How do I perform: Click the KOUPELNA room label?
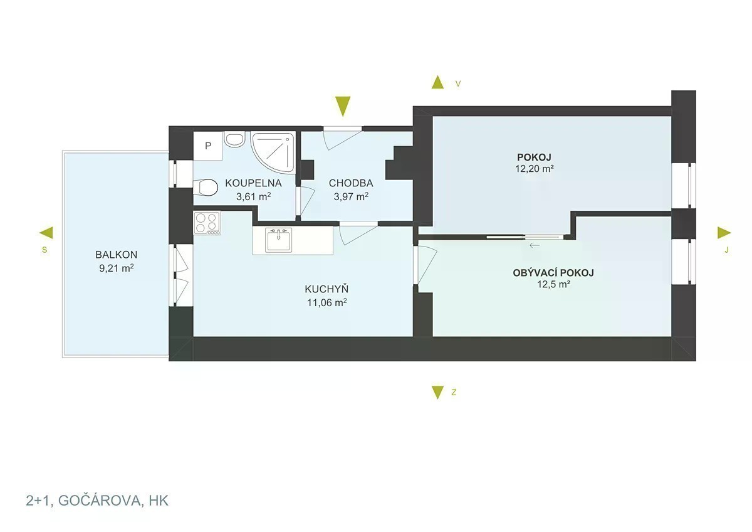click(253, 183)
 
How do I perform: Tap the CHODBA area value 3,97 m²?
click(351, 196)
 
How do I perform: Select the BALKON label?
click(116, 255)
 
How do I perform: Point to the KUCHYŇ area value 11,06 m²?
click(326, 303)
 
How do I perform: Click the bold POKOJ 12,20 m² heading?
click(534, 157)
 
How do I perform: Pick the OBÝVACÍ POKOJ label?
click(553, 273)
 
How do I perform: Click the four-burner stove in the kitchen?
click(207, 223)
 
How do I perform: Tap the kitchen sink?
click(278, 240)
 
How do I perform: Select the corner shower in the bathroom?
click(273, 152)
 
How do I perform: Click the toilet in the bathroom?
click(205, 187)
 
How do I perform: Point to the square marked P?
click(208, 146)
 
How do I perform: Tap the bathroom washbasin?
click(234, 139)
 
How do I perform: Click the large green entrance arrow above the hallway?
click(343, 107)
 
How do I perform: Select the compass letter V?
click(458, 83)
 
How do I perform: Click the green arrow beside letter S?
click(46, 233)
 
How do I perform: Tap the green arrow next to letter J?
click(724, 233)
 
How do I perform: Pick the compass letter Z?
click(454, 392)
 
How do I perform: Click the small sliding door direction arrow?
click(535, 245)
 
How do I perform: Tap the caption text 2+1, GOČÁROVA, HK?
click(97, 501)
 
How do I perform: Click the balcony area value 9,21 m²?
click(117, 268)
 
